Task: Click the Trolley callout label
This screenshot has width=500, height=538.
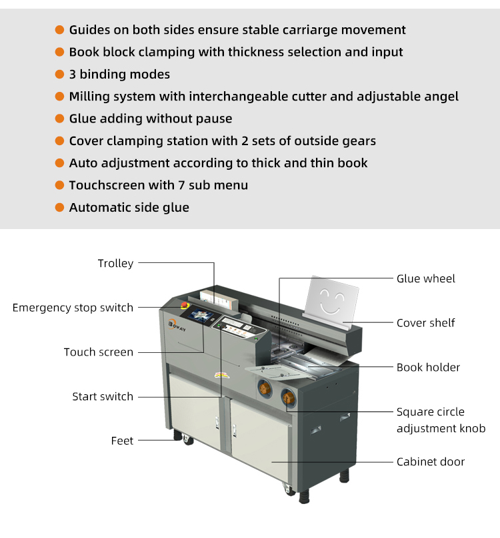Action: tap(115, 264)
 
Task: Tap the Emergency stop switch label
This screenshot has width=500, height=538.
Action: tap(73, 308)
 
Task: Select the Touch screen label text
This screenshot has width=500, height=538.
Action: tap(98, 352)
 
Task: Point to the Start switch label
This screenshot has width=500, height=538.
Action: tap(103, 397)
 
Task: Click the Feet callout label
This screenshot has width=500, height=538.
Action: tap(122, 441)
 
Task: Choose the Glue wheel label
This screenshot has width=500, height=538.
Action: tap(426, 279)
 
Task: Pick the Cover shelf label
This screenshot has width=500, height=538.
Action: tap(425, 323)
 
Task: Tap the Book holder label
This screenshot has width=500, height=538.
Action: tap(428, 368)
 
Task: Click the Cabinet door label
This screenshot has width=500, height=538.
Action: tap(431, 462)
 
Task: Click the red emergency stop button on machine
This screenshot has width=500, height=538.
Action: tap(185, 306)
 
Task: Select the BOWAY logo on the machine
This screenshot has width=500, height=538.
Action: tap(176, 326)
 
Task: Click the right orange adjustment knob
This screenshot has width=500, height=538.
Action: tap(289, 398)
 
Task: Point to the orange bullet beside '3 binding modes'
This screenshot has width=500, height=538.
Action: tap(59, 75)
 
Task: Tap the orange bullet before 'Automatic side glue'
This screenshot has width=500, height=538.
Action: tap(59, 208)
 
